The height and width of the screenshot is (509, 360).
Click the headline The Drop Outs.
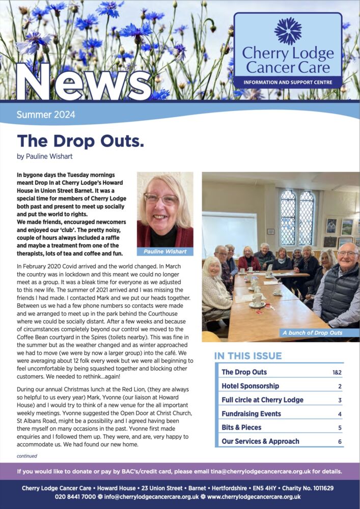[80, 140]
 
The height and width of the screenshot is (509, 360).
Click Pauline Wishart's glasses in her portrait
[160, 199]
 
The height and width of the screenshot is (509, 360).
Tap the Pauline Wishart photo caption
[164, 251]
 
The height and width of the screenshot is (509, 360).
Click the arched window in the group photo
[297, 218]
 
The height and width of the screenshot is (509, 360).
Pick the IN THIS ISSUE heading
[248, 356]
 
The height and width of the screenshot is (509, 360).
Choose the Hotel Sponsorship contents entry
[251, 386]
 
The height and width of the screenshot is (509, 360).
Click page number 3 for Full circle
[340, 400]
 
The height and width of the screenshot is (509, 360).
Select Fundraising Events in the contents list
[252, 414]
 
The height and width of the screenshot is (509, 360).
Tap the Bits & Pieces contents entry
[242, 428]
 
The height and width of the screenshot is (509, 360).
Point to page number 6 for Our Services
[340, 441]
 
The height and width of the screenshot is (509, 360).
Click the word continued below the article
[27, 456]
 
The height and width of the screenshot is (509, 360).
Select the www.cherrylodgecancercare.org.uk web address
[254, 497]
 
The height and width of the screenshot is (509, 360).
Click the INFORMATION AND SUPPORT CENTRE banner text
[288, 82]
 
